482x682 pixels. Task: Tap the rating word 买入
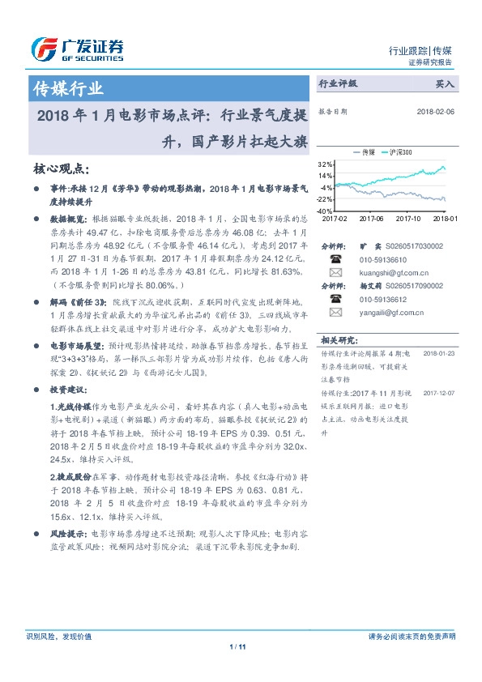click(x=445, y=83)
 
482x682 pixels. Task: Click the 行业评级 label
click(x=338, y=83)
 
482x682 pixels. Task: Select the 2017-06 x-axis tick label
click(x=371, y=218)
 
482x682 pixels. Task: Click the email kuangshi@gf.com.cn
click(x=383, y=273)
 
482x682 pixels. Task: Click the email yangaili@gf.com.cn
click(x=382, y=312)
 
